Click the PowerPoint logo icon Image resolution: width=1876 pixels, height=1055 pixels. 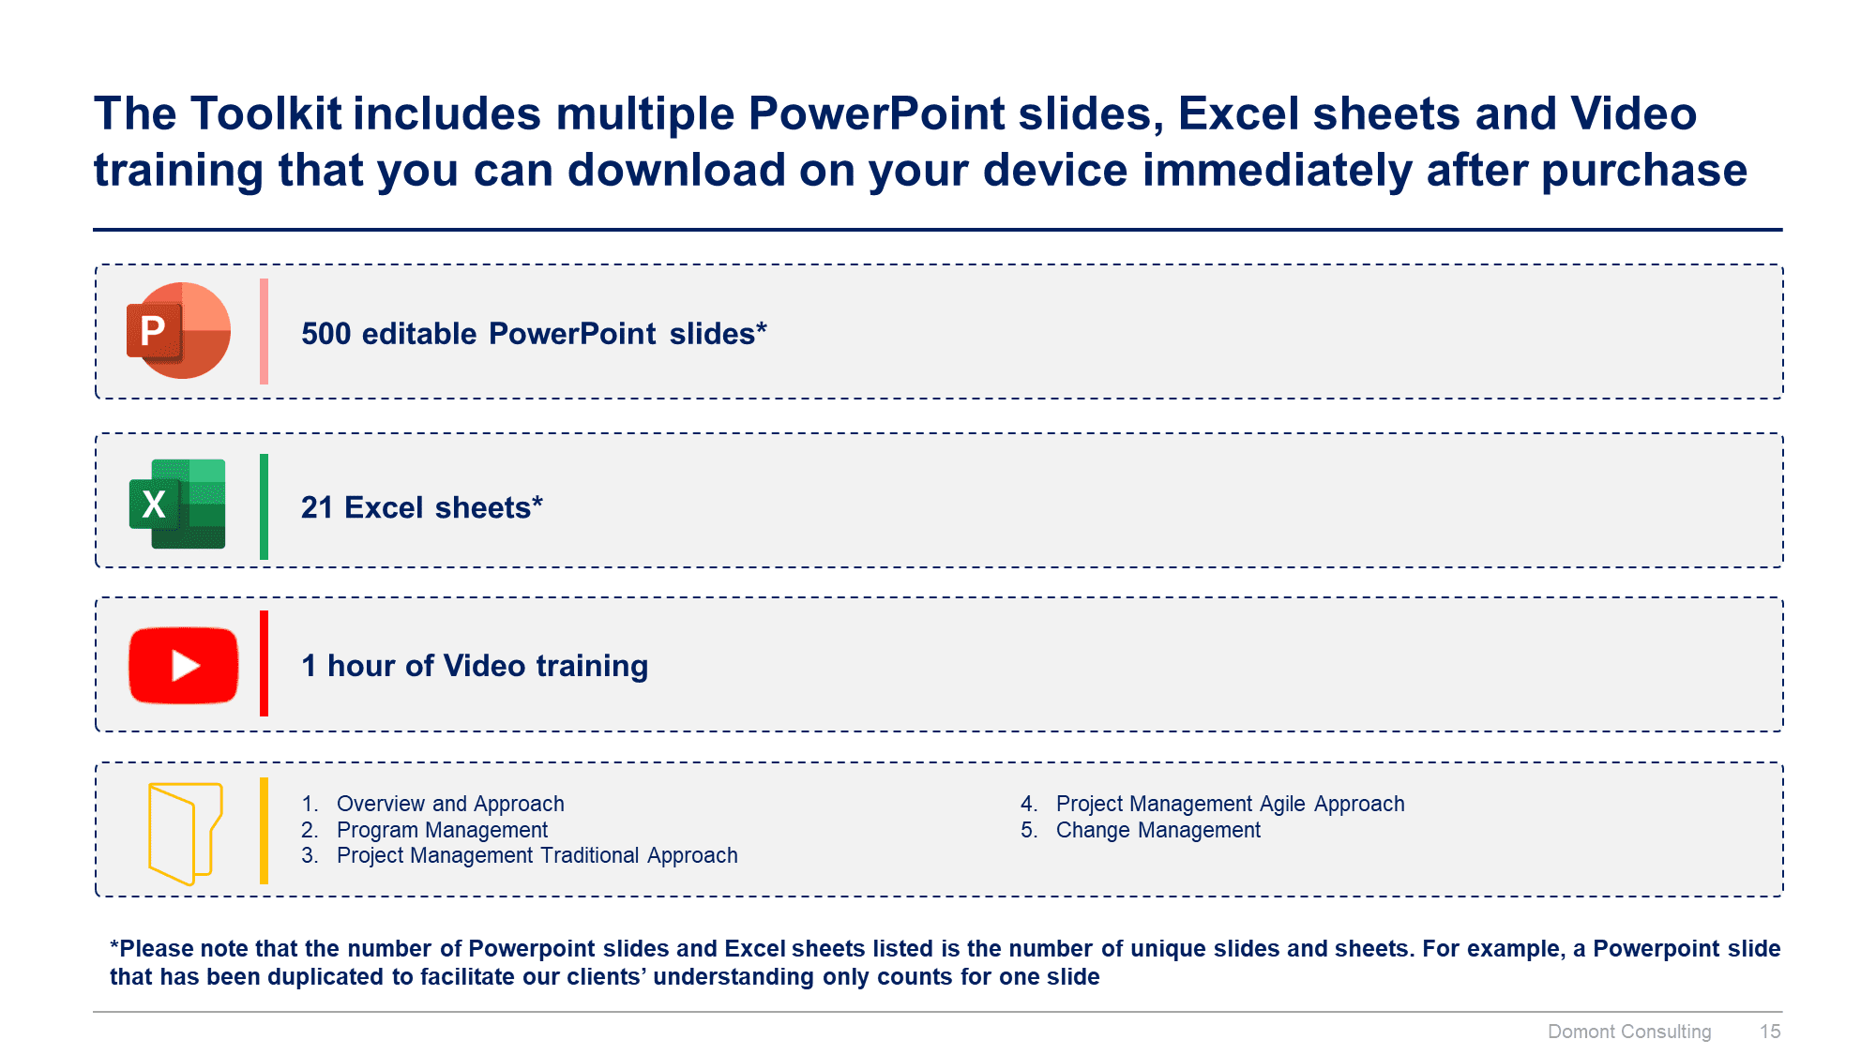178,331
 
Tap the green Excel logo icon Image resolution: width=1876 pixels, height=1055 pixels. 177,504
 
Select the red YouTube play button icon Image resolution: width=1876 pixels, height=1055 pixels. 184,665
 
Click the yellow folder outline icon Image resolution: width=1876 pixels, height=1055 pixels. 185,833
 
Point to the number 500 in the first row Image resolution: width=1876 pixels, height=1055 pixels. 325,334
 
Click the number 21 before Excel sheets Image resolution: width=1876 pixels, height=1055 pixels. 316,507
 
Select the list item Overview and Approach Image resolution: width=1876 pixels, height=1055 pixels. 449,804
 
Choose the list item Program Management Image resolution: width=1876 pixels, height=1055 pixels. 441,830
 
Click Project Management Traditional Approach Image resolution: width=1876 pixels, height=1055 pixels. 537,855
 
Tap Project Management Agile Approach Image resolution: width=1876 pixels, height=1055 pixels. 1229,804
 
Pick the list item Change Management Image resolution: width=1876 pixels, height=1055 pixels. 1157,830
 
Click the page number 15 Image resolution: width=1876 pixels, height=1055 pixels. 1769,1032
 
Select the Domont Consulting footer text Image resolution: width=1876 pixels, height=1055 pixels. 1628,1032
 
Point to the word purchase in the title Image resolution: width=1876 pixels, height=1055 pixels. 1643,171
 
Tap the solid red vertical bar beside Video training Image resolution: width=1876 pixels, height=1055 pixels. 265,664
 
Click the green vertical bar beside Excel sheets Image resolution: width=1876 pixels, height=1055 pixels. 265,506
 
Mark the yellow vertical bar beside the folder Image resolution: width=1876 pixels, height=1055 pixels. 265,831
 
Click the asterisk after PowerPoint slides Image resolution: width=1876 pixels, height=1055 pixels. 762,328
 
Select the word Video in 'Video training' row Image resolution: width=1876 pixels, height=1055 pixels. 484,666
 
